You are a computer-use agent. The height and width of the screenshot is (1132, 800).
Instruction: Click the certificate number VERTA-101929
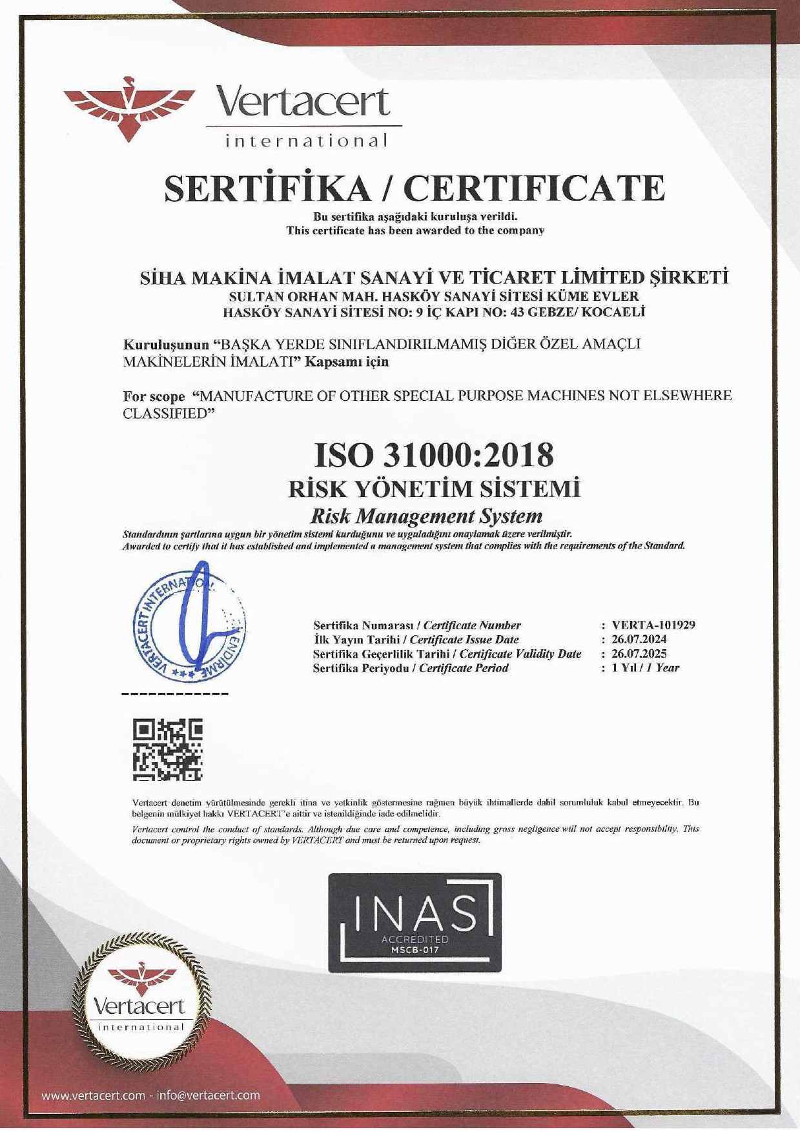(x=653, y=625)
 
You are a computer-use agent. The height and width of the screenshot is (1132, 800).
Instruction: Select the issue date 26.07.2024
(x=639, y=640)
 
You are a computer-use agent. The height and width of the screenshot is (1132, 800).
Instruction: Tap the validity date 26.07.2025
(x=639, y=654)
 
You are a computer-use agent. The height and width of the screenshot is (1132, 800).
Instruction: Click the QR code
(x=168, y=750)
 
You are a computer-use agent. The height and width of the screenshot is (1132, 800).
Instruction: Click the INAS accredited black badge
(x=415, y=924)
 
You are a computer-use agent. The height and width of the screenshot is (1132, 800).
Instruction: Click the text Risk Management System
(x=426, y=516)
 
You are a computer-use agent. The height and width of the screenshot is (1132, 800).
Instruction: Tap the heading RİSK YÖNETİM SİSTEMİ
(x=434, y=489)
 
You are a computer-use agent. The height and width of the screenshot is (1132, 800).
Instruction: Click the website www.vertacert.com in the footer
(x=93, y=1095)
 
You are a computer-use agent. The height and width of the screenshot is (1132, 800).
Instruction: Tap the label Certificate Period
(x=464, y=668)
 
